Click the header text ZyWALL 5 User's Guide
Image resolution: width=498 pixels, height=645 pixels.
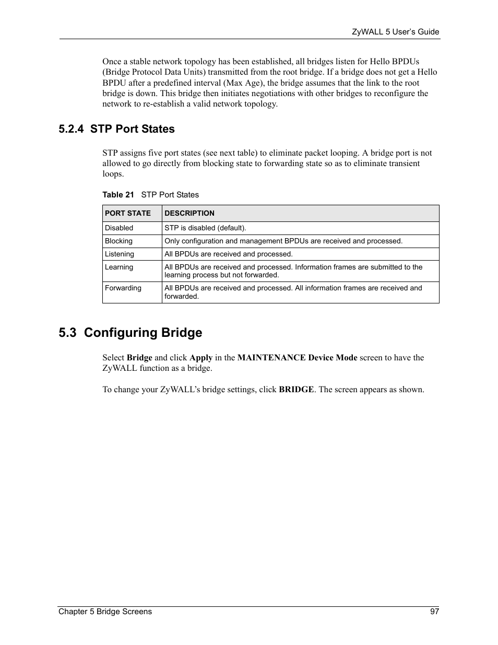(x=396, y=32)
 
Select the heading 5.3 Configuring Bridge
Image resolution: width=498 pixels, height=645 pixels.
(x=130, y=333)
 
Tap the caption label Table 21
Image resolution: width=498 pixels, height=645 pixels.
(x=118, y=195)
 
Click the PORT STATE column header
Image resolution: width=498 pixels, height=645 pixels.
(x=128, y=213)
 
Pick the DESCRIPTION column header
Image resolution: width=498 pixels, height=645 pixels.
(x=189, y=213)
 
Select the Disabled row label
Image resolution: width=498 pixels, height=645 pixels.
(x=119, y=228)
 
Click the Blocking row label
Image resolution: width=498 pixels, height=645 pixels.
(x=118, y=241)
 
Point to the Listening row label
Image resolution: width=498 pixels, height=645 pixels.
(x=120, y=254)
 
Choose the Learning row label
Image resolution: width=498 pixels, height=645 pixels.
(x=119, y=267)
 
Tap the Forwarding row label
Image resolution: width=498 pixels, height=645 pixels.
(x=123, y=288)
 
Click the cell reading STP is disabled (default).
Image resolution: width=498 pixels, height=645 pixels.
(x=205, y=228)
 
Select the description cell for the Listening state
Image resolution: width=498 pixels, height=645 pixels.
(x=229, y=254)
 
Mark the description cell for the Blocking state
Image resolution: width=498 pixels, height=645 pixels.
(x=283, y=241)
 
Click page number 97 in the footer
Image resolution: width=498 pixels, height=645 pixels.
(x=434, y=612)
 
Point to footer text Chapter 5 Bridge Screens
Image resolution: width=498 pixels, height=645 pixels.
(x=105, y=612)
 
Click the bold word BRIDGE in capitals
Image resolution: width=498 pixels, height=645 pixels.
(x=296, y=390)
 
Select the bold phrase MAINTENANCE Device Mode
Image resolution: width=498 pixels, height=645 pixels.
(x=297, y=358)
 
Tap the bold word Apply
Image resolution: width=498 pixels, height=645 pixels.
(x=200, y=358)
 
